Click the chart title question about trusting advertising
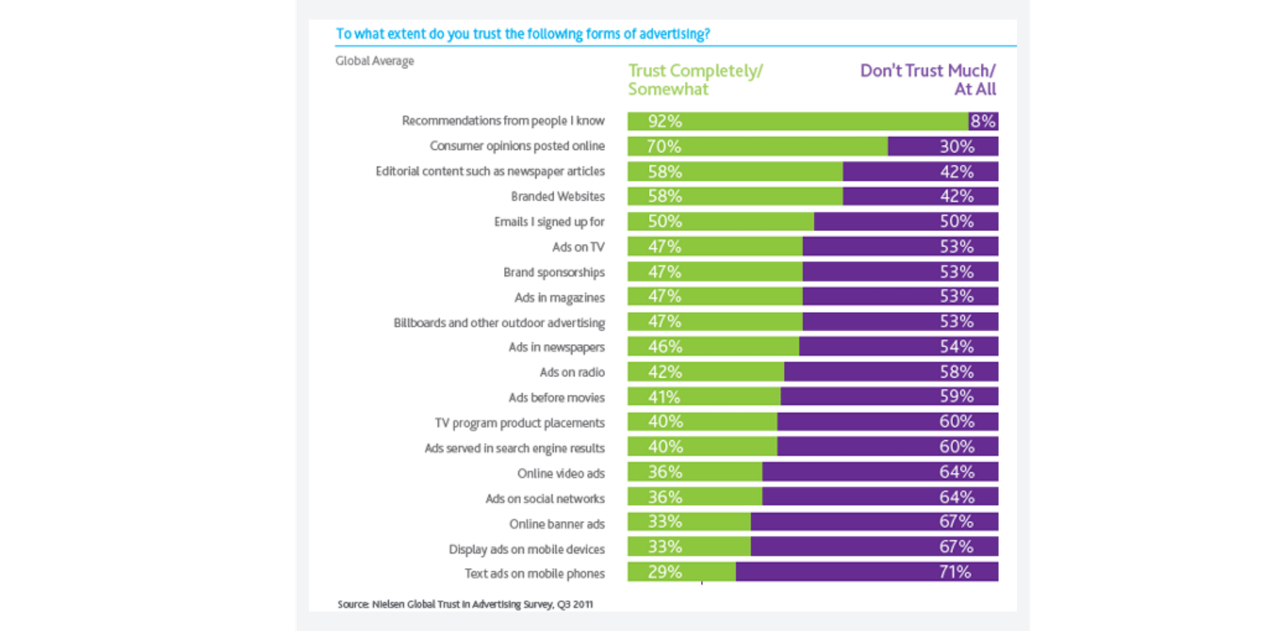pos(522,34)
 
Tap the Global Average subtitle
pos(374,61)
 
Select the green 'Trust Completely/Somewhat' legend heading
pos(695,80)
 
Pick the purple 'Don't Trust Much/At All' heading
pos(927,80)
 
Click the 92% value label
pos(664,121)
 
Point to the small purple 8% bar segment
pos(983,121)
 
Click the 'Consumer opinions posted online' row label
pos(517,146)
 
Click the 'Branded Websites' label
pos(558,196)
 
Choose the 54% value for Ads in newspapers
pos(956,346)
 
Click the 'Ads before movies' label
pos(556,398)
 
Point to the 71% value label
pos(955,572)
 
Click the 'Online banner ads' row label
pos(556,524)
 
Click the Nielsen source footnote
pos(465,604)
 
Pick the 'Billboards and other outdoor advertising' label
pos(499,322)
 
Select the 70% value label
pos(664,146)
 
